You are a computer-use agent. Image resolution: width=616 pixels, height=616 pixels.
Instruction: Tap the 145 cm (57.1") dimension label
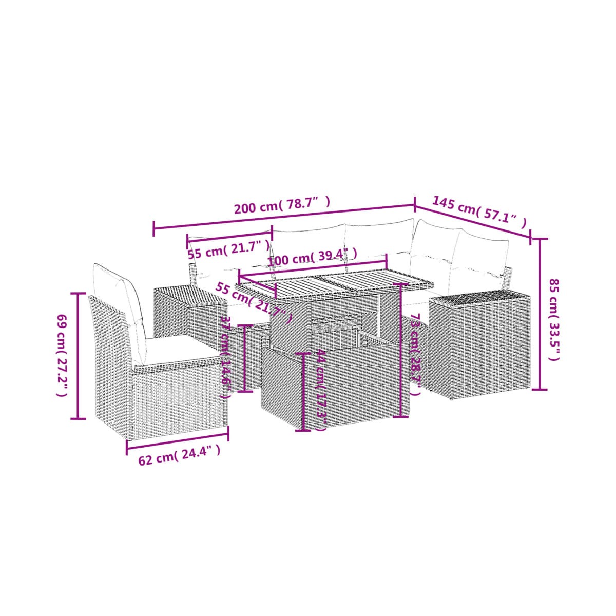pyautogui.click(x=479, y=212)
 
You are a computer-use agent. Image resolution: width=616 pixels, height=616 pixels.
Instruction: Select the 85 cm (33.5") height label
pyautogui.click(x=554, y=320)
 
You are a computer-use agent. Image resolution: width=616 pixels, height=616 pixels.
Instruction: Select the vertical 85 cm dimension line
pyautogui.click(x=540, y=314)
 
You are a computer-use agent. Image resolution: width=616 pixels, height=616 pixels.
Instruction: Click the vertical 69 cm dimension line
pyautogui.click(x=78, y=355)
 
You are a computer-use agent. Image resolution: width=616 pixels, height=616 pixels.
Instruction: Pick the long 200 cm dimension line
pyautogui.click(x=284, y=217)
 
